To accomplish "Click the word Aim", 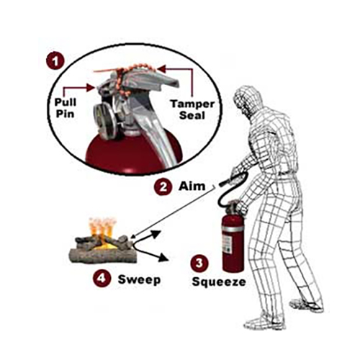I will [x=190, y=186].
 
